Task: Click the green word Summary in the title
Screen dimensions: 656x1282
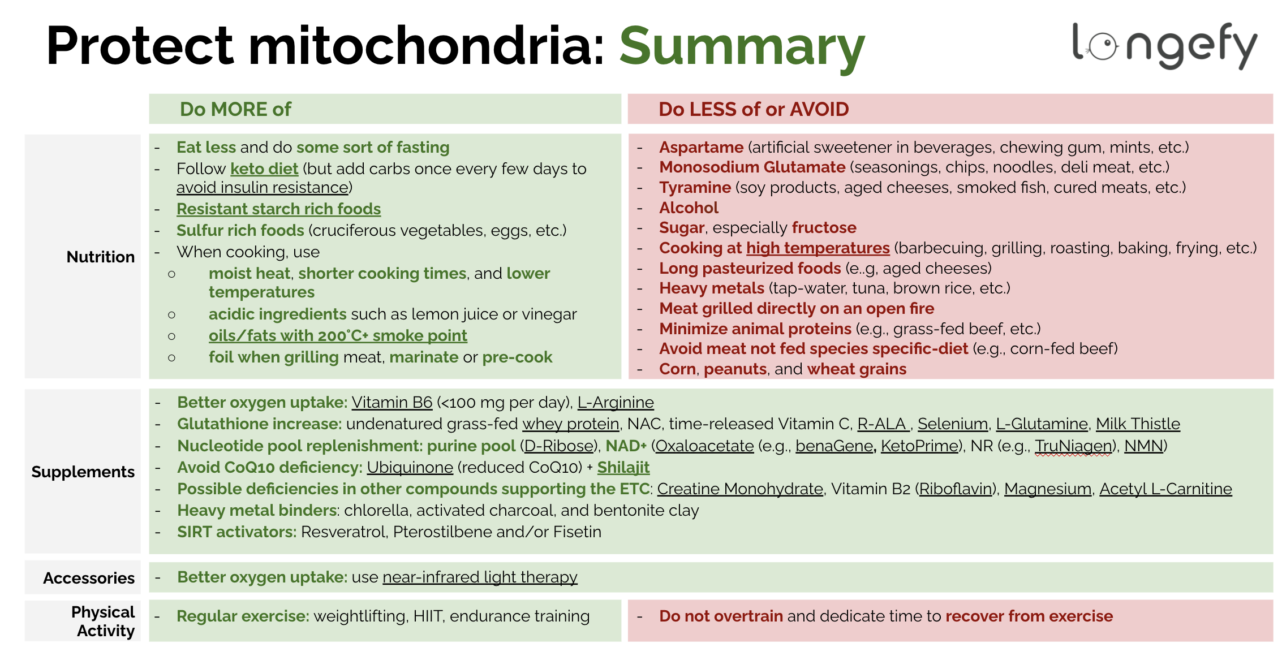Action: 742,46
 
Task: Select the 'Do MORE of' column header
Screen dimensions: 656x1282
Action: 235,109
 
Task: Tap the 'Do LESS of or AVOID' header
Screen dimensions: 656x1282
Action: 754,109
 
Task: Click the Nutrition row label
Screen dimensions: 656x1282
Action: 101,257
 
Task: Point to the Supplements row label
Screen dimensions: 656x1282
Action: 83,472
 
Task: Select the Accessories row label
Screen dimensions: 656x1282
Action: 89,578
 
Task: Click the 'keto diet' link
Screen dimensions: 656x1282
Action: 264,169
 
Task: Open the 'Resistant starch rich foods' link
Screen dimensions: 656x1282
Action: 278,209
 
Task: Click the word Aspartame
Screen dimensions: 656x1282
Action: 701,147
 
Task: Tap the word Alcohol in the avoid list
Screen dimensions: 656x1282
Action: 689,208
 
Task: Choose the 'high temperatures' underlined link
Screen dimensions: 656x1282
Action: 818,248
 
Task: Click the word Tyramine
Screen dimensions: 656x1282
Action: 695,187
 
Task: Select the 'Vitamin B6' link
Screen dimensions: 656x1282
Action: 392,402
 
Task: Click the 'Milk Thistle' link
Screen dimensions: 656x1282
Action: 1138,424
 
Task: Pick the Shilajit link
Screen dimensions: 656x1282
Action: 623,467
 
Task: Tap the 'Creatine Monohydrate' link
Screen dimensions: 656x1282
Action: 739,489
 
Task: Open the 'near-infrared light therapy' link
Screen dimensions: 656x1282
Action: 480,577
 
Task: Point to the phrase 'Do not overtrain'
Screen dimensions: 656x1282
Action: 721,616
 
